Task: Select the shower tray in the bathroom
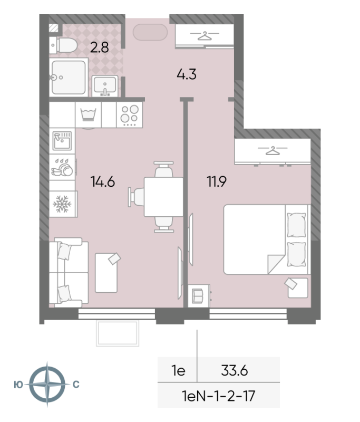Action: (69, 78)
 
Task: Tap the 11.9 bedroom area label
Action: (217, 182)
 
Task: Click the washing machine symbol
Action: (88, 114)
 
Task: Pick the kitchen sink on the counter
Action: (62, 141)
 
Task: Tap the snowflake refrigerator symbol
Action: (62, 203)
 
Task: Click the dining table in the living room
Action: (163, 197)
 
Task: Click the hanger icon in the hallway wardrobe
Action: (203, 36)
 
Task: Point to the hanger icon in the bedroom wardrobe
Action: (272, 151)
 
